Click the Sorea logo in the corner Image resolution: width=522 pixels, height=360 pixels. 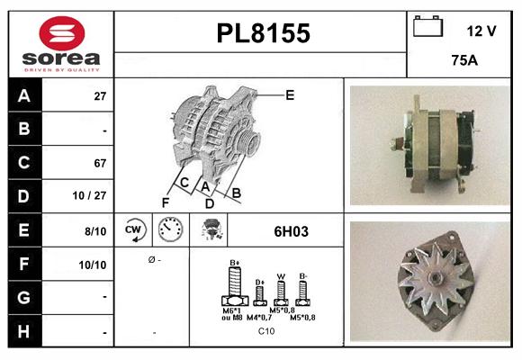(x=59, y=44)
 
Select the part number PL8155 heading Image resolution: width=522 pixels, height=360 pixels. (x=263, y=33)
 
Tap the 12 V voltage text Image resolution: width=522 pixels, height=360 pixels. (x=481, y=31)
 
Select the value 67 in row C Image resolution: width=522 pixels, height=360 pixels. (x=100, y=164)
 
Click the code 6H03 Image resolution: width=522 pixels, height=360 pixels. (x=291, y=231)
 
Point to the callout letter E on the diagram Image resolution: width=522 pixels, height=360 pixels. (x=290, y=94)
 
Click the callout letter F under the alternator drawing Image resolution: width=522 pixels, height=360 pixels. (x=165, y=202)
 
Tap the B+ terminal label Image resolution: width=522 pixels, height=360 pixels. (x=235, y=263)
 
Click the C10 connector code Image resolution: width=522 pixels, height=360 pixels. (x=266, y=331)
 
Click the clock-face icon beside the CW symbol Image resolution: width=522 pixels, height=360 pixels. (x=171, y=231)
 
